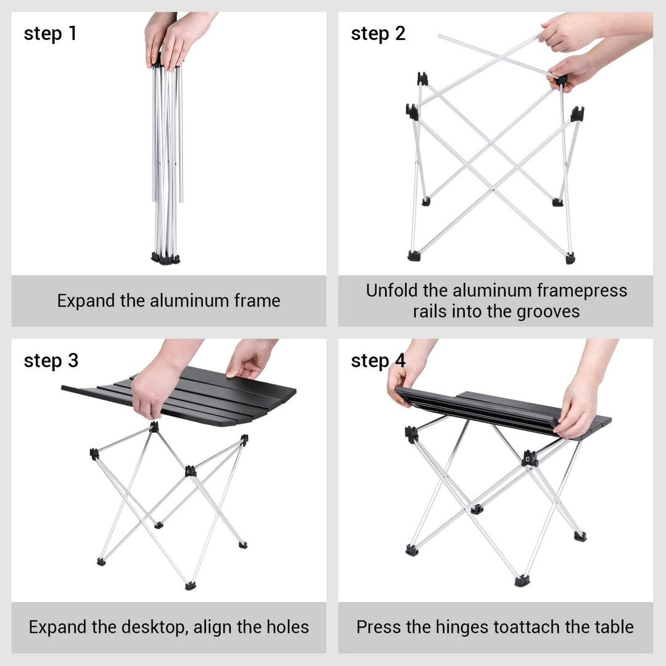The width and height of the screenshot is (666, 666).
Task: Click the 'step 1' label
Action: [x=50, y=33]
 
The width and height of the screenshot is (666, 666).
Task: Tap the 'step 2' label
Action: [x=378, y=33]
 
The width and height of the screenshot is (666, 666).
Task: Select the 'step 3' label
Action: [x=51, y=361]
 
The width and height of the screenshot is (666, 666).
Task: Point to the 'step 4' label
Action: [x=378, y=361]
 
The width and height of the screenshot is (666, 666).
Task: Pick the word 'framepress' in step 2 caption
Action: [x=582, y=290]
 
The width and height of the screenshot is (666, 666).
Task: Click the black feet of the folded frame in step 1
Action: [x=166, y=258]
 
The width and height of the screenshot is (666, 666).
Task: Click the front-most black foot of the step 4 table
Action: [x=522, y=580]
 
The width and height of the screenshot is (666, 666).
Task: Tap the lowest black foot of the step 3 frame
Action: [x=191, y=586]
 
